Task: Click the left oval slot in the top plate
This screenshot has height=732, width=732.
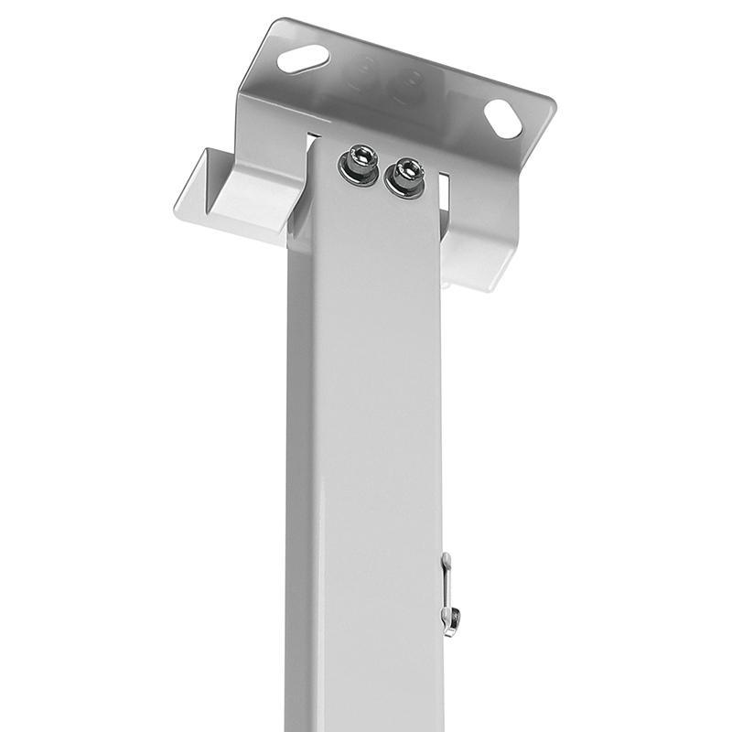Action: (303, 59)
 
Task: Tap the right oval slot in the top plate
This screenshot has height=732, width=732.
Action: (502, 119)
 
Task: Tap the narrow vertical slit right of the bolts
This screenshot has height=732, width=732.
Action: (445, 188)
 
